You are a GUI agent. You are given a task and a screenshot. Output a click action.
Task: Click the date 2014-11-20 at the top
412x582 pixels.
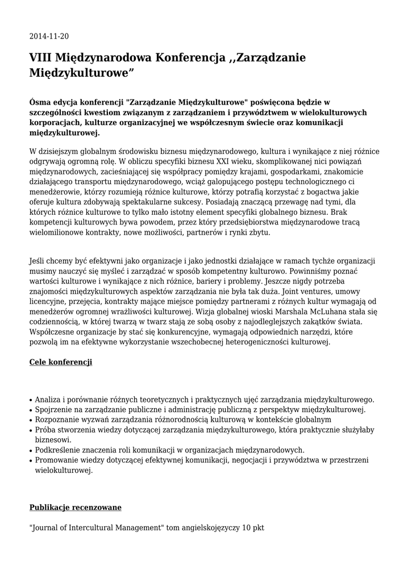(x=49, y=37)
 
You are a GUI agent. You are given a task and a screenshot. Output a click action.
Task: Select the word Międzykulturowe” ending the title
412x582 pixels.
(x=82, y=73)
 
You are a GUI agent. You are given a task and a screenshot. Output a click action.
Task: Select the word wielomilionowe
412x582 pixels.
(x=58, y=233)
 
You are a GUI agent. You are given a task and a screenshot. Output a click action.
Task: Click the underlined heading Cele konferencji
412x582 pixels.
(x=61, y=362)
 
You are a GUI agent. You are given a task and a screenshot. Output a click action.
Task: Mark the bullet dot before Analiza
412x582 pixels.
(x=31, y=400)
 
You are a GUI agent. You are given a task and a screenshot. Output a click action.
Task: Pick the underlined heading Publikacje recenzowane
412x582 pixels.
(x=75, y=507)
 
